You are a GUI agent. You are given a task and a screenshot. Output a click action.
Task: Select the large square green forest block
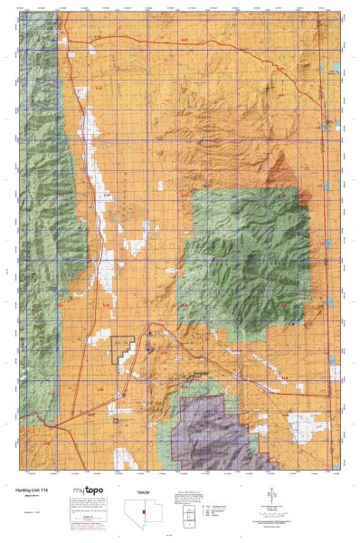(x=244, y=262)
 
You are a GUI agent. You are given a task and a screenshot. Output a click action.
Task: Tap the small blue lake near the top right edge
(x=336, y=69)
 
